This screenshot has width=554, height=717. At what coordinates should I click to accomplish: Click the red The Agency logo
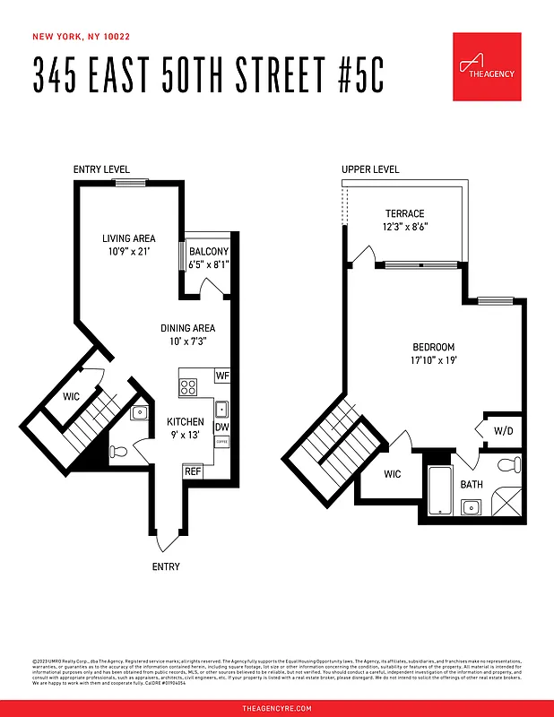pyautogui.click(x=487, y=66)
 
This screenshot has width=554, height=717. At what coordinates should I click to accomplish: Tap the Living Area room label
pyautogui.click(x=129, y=238)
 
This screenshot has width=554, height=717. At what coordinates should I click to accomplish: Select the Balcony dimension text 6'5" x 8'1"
pyautogui.click(x=209, y=264)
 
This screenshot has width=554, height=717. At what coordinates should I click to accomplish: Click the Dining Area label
pyautogui.click(x=188, y=329)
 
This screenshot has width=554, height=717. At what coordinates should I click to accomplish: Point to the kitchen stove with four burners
pyautogui.click(x=189, y=387)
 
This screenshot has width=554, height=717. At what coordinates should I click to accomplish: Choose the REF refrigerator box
pyautogui.click(x=192, y=471)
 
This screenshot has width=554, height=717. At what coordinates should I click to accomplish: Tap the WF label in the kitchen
pyautogui.click(x=222, y=376)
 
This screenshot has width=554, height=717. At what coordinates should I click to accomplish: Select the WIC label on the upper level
pyautogui.click(x=392, y=474)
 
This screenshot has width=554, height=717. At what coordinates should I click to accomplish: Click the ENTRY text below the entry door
pyautogui.click(x=166, y=566)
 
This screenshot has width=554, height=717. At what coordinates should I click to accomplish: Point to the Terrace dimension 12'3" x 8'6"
pyautogui.click(x=405, y=228)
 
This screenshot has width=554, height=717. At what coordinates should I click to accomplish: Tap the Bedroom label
pyautogui.click(x=434, y=348)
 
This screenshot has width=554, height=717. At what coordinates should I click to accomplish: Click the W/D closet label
pyautogui.click(x=504, y=431)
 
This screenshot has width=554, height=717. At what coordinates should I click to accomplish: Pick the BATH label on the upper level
pyautogui.click(x=472, y=484)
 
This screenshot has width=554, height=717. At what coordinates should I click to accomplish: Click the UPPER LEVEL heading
pyautogui.click(x=370, y=169)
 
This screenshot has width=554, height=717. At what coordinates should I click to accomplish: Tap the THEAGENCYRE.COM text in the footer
pyautogui.click(x=277, y=708)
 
